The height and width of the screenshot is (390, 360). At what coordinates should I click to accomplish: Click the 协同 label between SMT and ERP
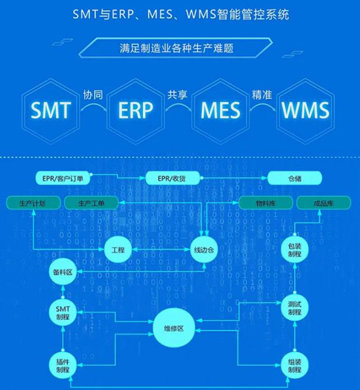coord(92,95)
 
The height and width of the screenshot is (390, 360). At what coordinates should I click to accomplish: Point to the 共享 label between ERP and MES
coord(177,95)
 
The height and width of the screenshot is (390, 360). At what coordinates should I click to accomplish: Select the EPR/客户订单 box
coord(63,178)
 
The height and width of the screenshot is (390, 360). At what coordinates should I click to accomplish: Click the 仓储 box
coord(294,178)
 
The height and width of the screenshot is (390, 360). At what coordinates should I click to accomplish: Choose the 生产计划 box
coord(34,203)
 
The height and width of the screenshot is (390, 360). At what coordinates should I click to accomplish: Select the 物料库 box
coord(266,203)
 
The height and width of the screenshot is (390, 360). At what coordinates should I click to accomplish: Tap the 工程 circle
coord(118,250)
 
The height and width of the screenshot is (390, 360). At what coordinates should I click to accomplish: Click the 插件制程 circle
coord(62,364)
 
